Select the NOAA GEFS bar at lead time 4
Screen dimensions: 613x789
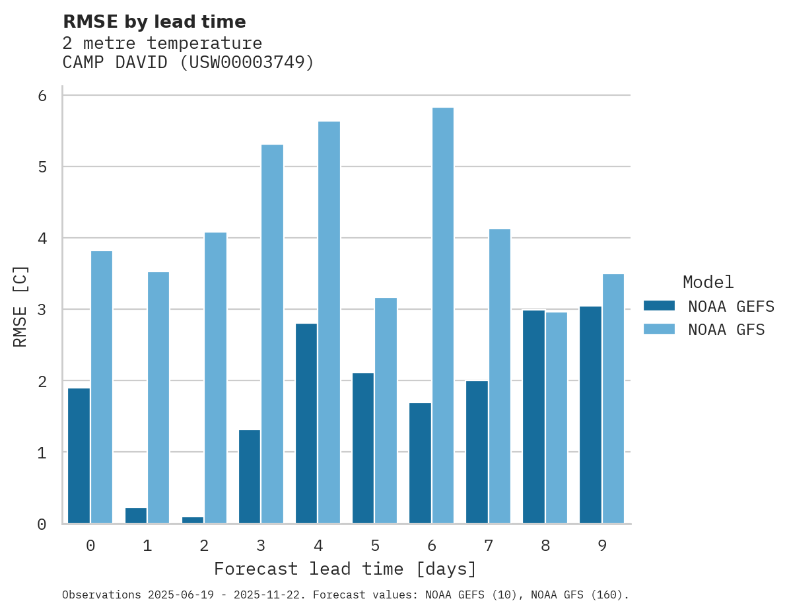pos(306,423)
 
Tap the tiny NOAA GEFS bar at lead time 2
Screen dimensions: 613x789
pos(193,520)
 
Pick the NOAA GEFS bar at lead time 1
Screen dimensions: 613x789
pos(136,515)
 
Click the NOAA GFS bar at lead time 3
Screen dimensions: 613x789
pos(272,334)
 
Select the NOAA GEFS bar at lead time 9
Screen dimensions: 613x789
pos(590,414)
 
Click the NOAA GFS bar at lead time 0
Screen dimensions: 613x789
pos(102,386)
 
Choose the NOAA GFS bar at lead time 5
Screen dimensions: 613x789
pos(386,410)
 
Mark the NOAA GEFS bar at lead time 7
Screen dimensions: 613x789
pos(477,452)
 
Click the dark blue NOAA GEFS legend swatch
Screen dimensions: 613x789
pos(659,305)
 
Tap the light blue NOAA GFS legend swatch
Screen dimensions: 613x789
pos(659,329)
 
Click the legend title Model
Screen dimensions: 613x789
pos(708,282)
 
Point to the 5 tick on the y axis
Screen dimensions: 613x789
pos(42,167)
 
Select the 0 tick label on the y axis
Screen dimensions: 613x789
pos(42,524)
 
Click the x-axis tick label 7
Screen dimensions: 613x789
pos(489,546)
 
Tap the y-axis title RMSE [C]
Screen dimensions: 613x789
pos(20,306)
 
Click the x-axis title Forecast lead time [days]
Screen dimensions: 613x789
pos(345,569)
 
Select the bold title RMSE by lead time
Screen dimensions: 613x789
pos(154,22)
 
